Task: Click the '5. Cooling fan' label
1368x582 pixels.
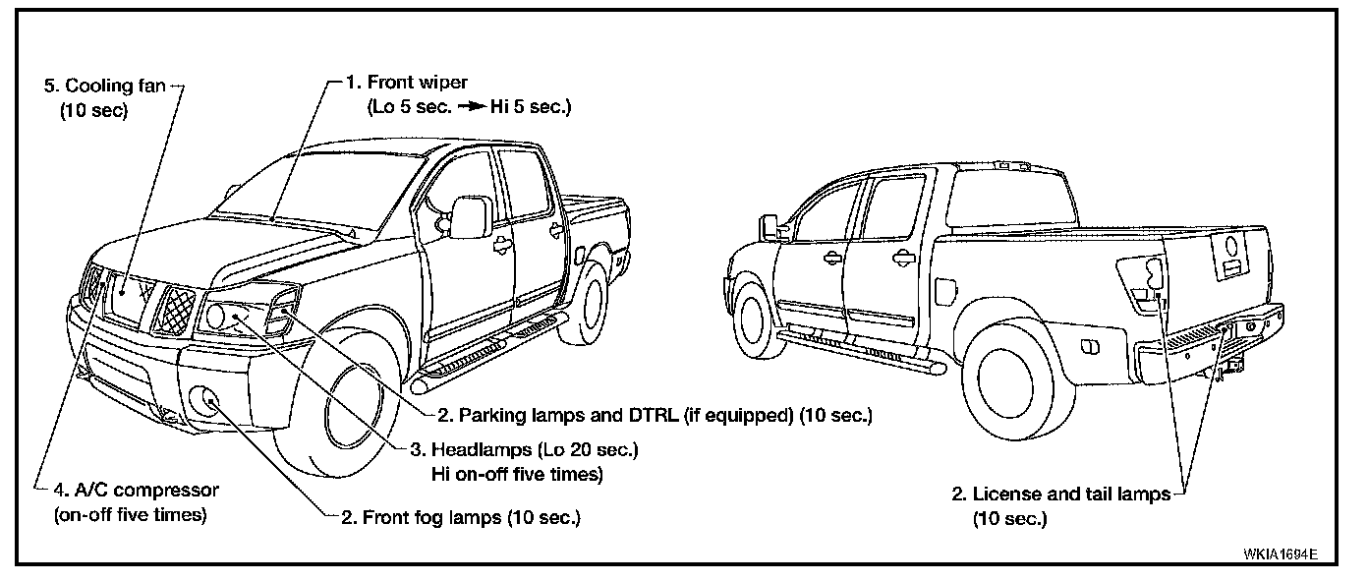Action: click(x=107, y=86)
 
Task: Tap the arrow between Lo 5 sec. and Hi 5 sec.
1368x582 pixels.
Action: click(x=469, y=105)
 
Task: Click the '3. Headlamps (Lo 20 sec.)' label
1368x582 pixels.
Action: click(x=524, y=450)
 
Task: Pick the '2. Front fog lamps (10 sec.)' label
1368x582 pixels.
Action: click(x=458, y=518)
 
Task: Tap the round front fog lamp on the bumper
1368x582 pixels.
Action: click(x=206, y=399)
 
